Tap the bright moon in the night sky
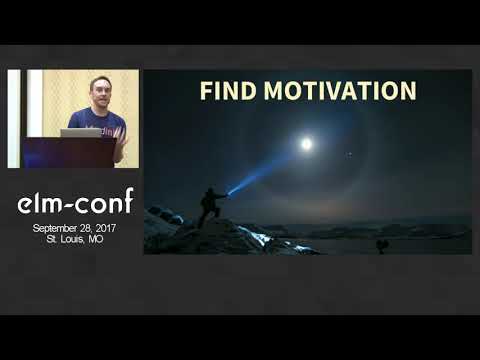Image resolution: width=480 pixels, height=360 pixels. (x=306, y=144)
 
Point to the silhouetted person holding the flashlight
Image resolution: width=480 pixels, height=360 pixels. (x=211, y=206)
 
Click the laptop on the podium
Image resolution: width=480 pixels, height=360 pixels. (x=80, y=132)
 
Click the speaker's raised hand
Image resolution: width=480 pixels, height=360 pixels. (x=120, y=140)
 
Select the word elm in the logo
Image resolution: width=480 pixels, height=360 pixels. (x=40, y=203)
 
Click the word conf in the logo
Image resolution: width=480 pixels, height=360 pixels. (x=104, y=203)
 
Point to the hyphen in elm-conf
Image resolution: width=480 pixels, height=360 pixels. (x=71, y=204)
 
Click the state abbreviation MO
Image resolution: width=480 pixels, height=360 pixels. (x=96, y=240)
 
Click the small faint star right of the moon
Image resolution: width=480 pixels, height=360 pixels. (x=349, y=154)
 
